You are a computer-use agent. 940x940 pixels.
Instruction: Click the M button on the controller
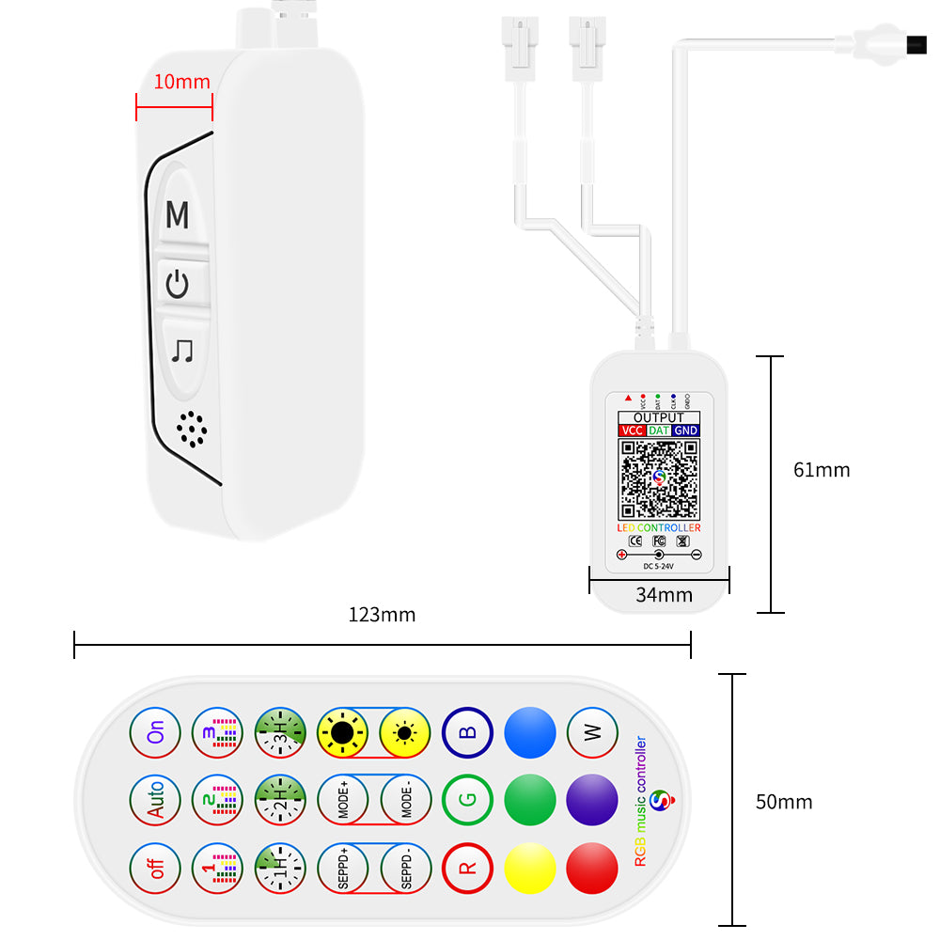(x=178, y=215)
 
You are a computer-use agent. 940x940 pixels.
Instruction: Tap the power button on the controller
(x=178, y=283)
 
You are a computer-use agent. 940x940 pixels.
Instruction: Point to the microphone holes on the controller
(x=192, y=430)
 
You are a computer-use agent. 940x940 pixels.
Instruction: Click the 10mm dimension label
(x=181, y=82)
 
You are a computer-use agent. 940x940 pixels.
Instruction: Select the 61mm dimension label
(x=822, y=469)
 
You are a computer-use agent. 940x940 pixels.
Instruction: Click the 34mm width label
(x=664, y=594)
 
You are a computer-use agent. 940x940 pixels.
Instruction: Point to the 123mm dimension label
(x=382, y=615)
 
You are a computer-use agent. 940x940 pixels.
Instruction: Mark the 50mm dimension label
(x=784, y=802)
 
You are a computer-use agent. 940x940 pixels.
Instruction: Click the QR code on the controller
(x=659, y=478)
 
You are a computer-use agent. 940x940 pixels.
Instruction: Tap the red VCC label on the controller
(x=631, y=431)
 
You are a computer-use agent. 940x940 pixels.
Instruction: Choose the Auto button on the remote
(x=155, y=801)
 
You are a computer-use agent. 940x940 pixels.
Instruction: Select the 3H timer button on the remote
(x=280, y=733)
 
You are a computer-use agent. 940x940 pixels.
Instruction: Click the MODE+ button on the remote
(x=343, y=801)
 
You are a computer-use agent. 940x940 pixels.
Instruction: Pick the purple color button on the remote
(x=593, y=801)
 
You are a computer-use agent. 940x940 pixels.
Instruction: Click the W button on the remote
(x=593, y=733)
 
